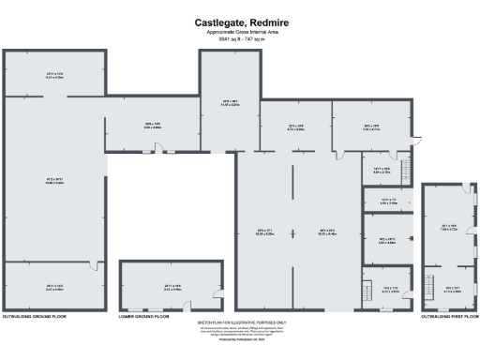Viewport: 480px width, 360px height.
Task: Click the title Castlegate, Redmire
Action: click(239, 22)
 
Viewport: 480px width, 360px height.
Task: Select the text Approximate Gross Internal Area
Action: click(239, 32)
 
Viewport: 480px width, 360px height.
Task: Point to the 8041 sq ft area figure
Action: click(239, 39)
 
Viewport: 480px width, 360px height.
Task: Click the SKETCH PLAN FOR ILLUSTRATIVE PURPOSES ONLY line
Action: click(239, 322)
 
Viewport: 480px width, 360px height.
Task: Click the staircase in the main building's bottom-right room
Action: click(368, 291)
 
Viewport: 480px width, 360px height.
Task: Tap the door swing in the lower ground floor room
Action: click(218, 289)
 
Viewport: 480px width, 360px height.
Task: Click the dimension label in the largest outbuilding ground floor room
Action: click(53, 181)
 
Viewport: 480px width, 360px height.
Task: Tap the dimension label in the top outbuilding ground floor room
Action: click(53, 74)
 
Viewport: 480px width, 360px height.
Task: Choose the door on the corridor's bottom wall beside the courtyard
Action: click(158, 150)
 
